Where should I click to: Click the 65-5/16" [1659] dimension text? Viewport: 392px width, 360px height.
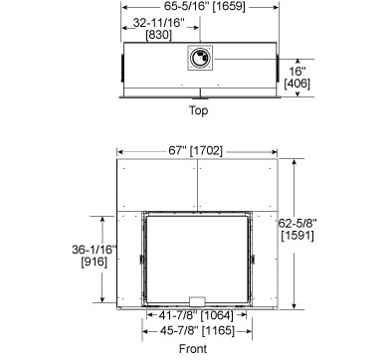pos(204,6)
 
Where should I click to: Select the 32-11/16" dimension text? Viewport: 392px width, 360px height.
pos(158,23)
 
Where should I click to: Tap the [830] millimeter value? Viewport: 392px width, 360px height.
pos(159,35)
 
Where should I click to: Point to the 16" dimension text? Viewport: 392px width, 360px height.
pos(297,71)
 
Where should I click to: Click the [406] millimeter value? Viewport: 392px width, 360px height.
pos(297,84)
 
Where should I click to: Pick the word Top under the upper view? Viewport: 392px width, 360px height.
pos(198,110)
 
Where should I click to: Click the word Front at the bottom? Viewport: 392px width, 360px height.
pos(193,349)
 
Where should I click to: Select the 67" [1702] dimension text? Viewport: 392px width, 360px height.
pos(195,151)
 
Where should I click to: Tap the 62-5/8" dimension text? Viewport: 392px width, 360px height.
pos(297,223)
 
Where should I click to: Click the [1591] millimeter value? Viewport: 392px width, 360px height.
pos(297,236)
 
